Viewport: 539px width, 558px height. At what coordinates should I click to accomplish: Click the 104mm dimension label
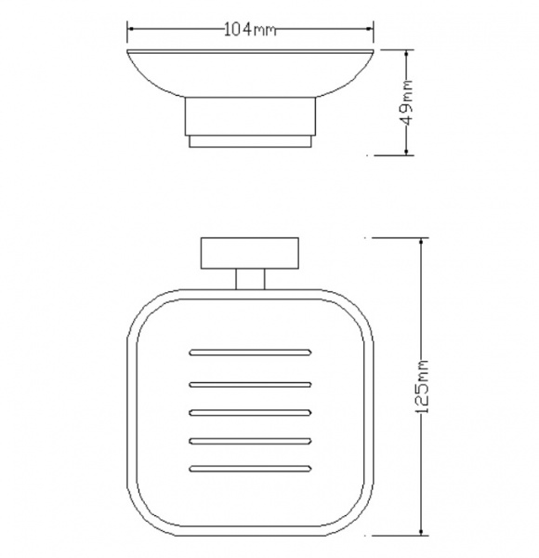(x=250, y=30)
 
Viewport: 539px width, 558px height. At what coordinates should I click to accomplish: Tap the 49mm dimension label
(x=407, y=103)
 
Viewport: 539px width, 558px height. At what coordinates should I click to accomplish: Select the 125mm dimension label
(x=422, y=387)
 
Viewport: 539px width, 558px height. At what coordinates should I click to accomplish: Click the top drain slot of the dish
(x=250, y=352)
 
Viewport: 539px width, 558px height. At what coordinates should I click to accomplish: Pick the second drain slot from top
(x=250, y=384)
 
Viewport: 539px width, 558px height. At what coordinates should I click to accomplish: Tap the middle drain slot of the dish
(x=250, y=413)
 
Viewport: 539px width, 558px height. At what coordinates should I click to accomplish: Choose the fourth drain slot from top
(x=250, y=441)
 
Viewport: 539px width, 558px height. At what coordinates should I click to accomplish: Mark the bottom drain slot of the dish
(x=250, y=469)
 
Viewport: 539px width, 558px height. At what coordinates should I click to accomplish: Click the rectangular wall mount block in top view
(x=250, y=253)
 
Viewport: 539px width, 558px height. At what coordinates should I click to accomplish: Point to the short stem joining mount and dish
(x=250, y=279)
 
